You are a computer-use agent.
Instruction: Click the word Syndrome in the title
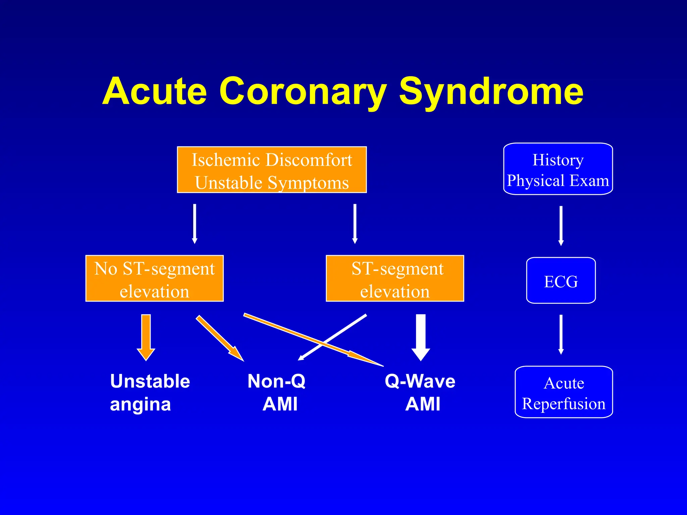(491, 91)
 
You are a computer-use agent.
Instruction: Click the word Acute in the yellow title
(155, 91)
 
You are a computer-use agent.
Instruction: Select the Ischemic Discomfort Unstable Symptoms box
(272, 170)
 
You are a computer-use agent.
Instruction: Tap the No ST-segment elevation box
(154, 279)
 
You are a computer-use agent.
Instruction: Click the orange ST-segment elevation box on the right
(395, 279)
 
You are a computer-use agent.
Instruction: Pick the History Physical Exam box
(558, 169)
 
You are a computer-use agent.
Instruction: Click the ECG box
(561, 281)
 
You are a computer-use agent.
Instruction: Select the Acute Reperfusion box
(564, 392)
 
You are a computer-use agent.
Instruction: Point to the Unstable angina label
(150, 392)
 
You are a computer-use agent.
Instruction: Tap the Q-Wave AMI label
(420, 392)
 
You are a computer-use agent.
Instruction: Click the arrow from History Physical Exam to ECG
(561, 225)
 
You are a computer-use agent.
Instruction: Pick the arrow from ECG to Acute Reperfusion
(561, 334)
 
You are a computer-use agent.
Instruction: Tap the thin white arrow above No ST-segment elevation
(195, 223)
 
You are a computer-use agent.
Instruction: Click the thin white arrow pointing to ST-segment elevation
(355, 223)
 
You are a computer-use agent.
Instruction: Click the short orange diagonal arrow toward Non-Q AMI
(220, 338)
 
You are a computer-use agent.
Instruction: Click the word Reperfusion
(564, 404)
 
